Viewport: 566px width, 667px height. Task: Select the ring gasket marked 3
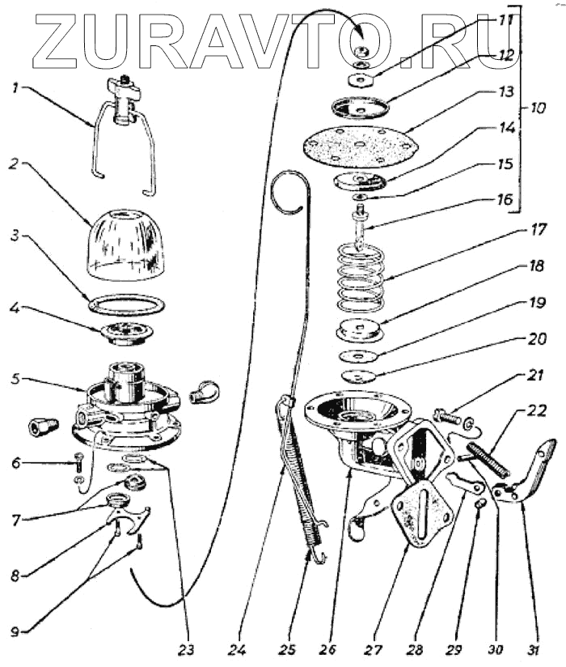127,305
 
